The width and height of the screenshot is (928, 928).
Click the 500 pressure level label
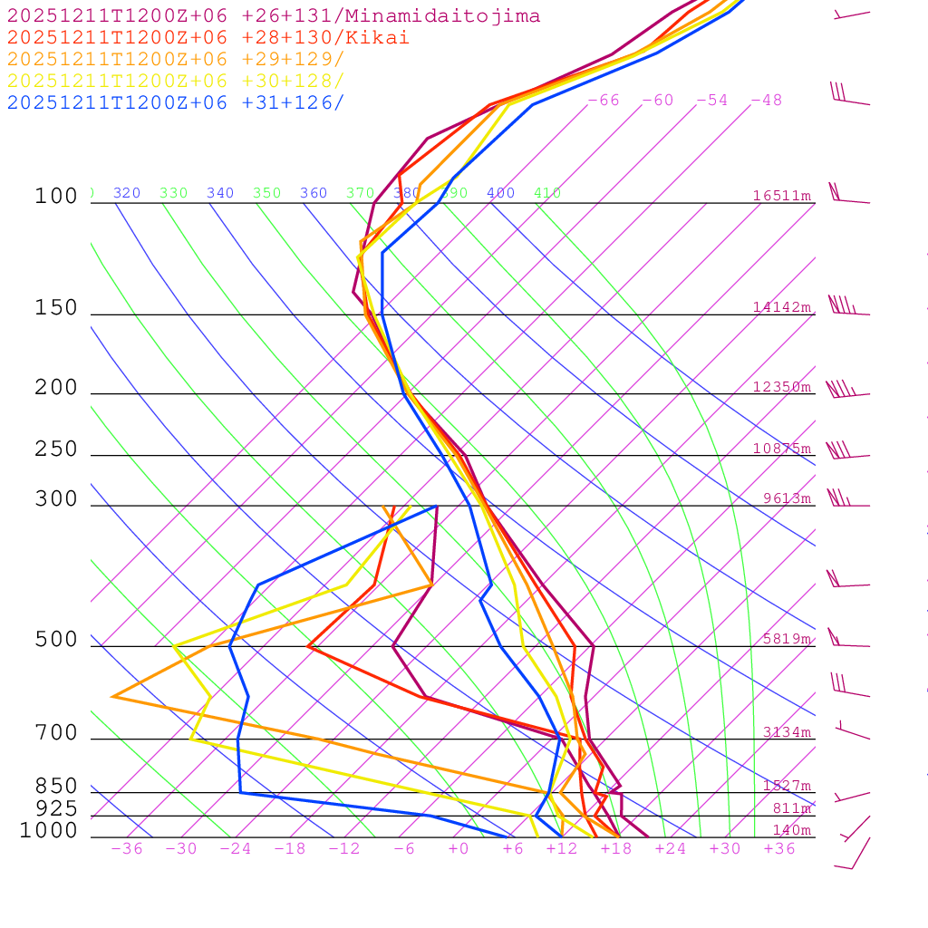[x=56, y=640]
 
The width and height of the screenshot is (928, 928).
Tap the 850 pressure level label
[x=56, y=786]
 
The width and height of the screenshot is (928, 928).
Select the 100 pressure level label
[x=56, y=196]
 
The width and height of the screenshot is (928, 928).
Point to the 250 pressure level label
[x=56, y=449]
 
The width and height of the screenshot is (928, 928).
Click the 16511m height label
[x=781, y=196]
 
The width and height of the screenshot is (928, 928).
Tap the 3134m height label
[x=786, y=732]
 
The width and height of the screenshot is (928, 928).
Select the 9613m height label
[x=786, y=498]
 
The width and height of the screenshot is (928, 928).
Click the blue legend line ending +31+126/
[x=176, y=103]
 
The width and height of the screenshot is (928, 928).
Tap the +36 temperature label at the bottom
[x=778, y=849]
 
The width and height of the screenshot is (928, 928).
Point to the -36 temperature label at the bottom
[x=126, y=849]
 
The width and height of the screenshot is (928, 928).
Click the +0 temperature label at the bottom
[x=458, y=849]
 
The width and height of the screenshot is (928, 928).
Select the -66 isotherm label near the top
[x=603, y=101]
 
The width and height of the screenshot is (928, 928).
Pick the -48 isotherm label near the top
[x=766, y=101]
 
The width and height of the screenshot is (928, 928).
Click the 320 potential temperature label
[x=127, y=193]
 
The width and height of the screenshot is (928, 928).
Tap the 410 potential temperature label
[x=546, y=193]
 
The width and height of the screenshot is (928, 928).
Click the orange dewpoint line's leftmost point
[x=112, y=696]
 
